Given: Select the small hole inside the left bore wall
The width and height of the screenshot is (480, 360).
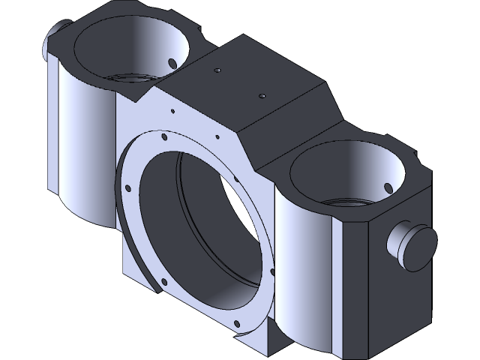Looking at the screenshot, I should [172, 61].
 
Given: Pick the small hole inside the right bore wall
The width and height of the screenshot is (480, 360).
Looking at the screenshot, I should [388, 187].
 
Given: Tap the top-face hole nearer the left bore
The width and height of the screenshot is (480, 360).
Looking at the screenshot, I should [217, 70].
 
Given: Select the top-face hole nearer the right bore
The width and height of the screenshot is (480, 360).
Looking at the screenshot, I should [262, 96].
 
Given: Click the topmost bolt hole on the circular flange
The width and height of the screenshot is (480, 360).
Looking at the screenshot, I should [162, 136].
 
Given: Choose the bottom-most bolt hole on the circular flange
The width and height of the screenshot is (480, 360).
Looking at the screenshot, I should [238, 324].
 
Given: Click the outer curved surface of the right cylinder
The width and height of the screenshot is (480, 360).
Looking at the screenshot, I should [304, 270].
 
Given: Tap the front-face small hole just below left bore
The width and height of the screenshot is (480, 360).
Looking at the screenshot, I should [173, 112].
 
